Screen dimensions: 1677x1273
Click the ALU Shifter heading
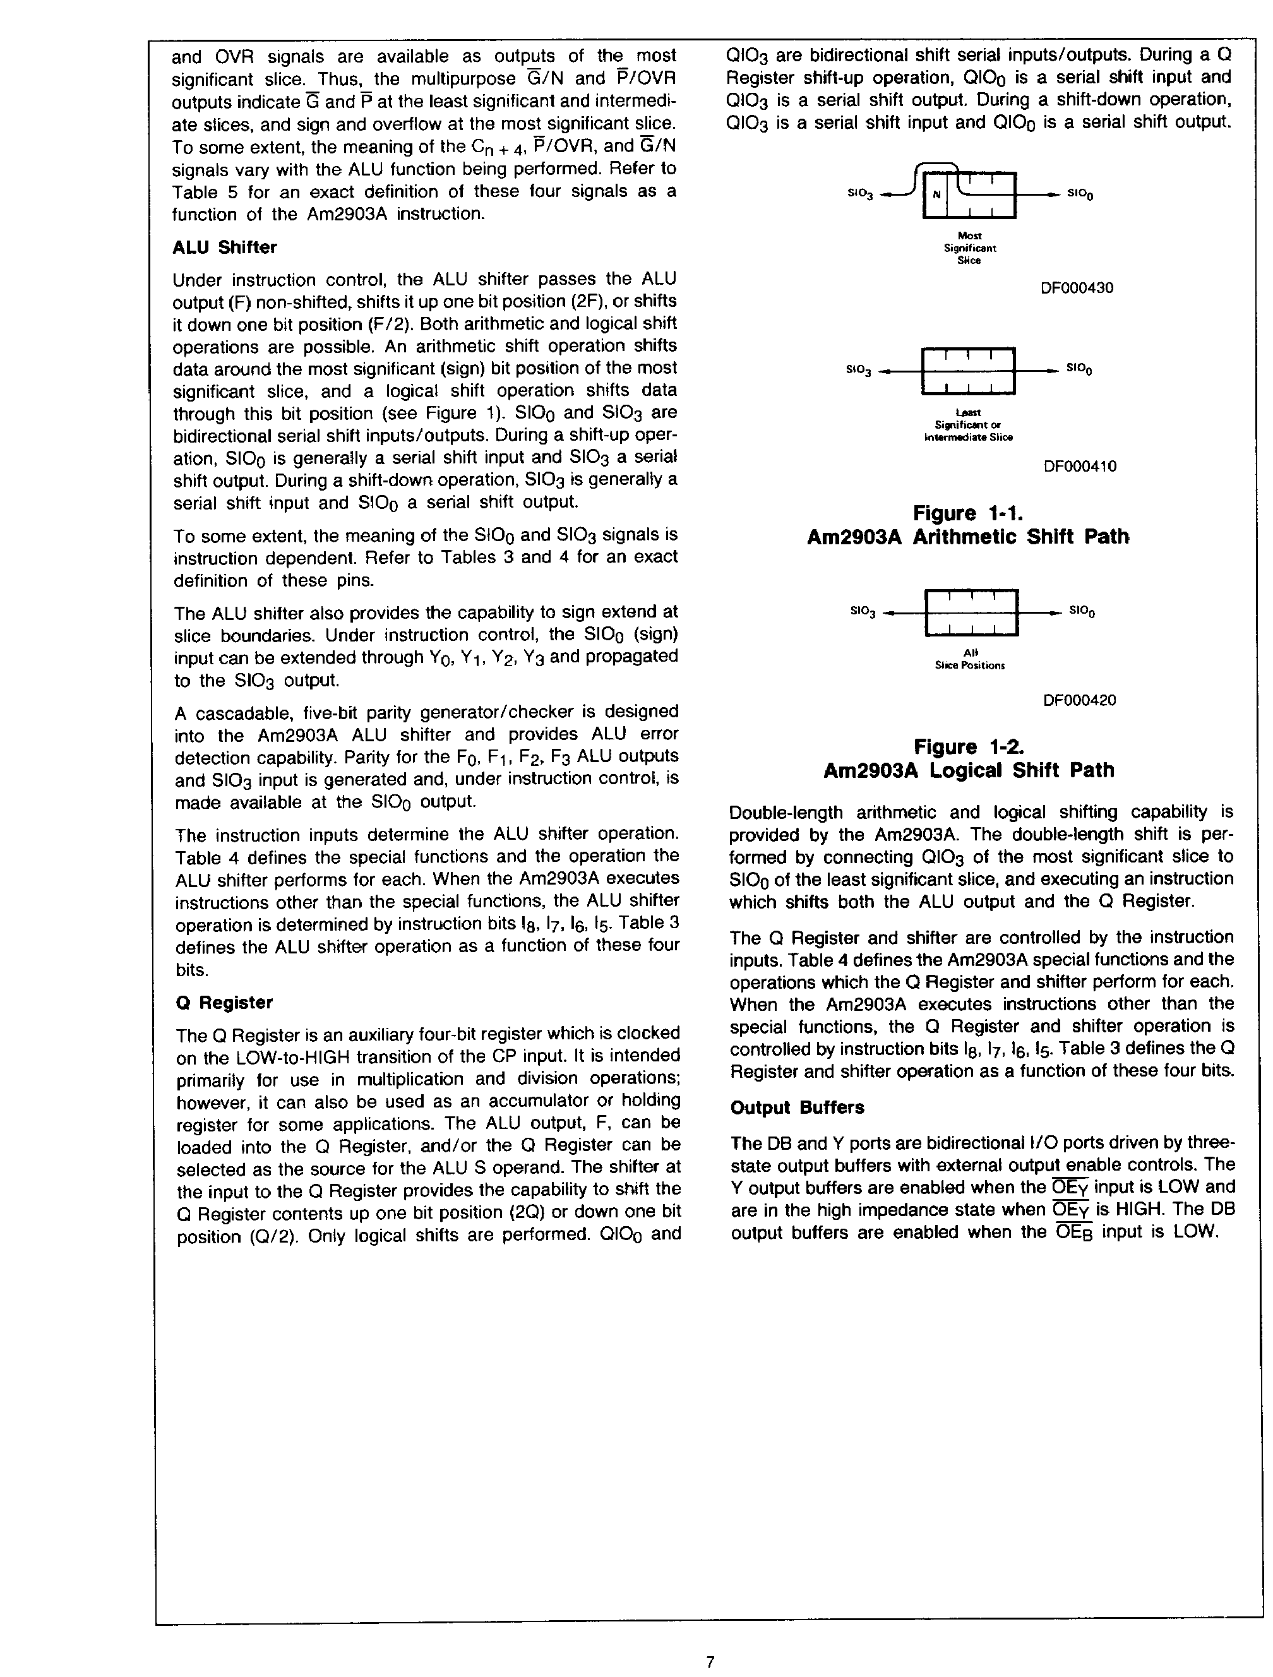[224, 247]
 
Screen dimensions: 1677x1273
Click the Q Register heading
[224, 1002]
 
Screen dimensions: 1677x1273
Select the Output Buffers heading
[797, 1107]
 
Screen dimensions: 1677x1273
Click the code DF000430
[1077, 288]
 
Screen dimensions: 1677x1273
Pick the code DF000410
[1080, 466]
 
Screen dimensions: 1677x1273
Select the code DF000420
[1080, 700]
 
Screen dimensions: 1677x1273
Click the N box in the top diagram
[936, 194]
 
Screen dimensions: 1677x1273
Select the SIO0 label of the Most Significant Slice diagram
[1080, 194]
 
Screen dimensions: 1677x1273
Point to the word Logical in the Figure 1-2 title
[968, 770]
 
